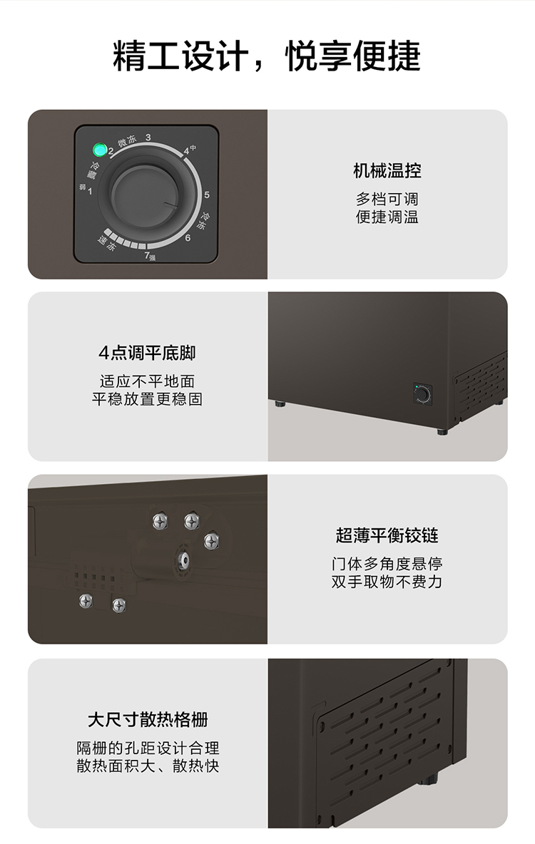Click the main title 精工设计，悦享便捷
267,56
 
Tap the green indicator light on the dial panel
100,149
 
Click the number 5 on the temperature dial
207,195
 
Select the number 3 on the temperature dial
148,138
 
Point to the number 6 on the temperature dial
188,237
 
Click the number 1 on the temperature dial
89,190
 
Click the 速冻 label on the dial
106,243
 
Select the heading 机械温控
387,170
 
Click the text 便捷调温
387,217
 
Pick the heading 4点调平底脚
147,353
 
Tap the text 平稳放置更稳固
147,399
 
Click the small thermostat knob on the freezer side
422,394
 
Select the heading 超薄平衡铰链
387,535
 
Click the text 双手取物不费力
387,582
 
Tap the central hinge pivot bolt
183,560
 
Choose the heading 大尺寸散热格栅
148,719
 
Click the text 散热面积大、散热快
148,766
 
